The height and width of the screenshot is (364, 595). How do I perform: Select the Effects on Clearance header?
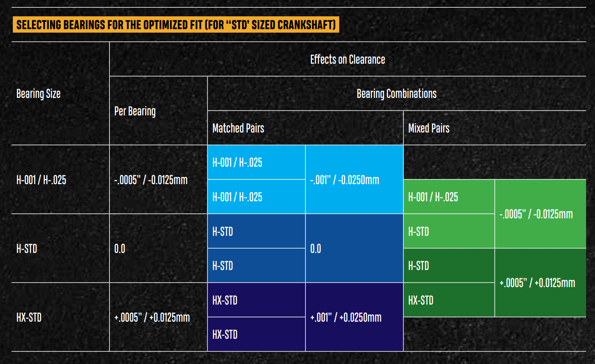(x=347, y=59)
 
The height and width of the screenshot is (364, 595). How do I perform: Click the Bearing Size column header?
(x=38, y=94)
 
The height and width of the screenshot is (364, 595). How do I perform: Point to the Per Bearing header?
(x=135, y=111)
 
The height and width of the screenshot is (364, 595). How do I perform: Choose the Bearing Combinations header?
(x=396, y=94)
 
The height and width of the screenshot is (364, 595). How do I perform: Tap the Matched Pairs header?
(x=238, y=128)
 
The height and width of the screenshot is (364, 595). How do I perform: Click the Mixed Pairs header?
(x=428, y=128)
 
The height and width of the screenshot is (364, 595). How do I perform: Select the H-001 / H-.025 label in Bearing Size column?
(x=41, y=180)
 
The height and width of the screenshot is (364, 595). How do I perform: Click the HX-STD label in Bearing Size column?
(x=29, y=317)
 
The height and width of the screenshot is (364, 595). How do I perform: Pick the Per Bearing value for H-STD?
(x=120, y=249)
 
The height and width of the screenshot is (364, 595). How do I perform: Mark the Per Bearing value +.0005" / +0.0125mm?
(x=152, y=317)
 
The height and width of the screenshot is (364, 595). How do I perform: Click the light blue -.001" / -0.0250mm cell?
(x=345, y=180)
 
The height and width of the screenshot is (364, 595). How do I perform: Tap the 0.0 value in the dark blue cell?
(x=316, y=249)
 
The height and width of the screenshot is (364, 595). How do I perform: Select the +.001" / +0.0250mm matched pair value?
(x=346, y=317)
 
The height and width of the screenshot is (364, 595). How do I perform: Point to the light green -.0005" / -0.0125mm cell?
(x=536, y=214)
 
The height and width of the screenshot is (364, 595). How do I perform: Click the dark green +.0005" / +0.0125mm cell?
(x=537, y=283)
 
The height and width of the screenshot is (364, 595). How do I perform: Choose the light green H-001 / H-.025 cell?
(x=433, y=197)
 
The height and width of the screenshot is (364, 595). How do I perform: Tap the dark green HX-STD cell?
(x=421, y=300)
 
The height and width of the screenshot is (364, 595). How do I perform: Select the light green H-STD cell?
(x=418, y=232)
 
